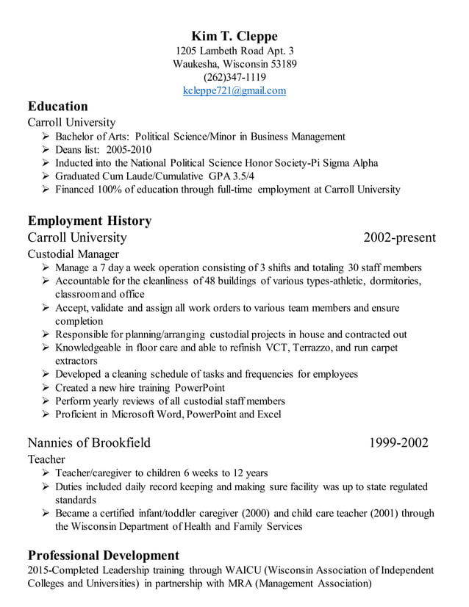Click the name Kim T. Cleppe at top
(x=234, y=36)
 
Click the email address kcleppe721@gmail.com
(x=234, y=90)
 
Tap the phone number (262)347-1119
(x=234, y=77)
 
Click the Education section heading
(x=57, y=107)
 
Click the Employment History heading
(x=89, y=220)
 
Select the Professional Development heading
(x=103, y=555)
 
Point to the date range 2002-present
(x=399, y=238)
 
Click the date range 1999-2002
(x=398, y=442)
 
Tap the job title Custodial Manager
(x=73, y=254)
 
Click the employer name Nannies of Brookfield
(x=89, y=442)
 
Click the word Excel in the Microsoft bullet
(x=268, y=414)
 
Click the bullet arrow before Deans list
(x=46, y=150)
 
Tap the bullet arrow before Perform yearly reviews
(x=46, y=401)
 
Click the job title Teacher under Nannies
(x=46, y=459)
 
